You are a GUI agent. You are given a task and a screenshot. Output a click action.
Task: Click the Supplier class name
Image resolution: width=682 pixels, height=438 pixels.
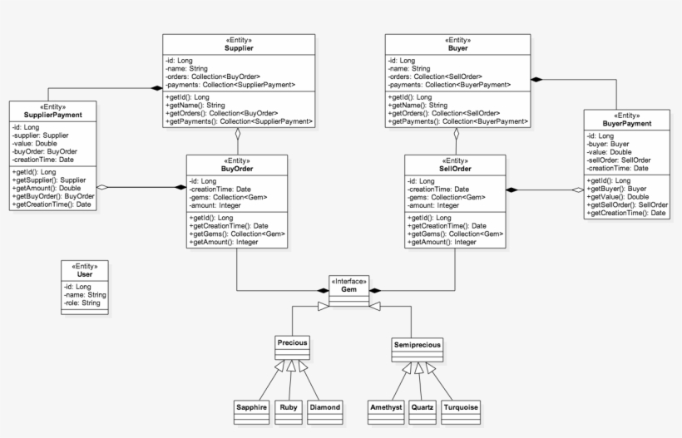tap(239, 48)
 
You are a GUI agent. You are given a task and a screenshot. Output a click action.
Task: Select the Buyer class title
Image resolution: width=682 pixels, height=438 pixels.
tap(458, 48)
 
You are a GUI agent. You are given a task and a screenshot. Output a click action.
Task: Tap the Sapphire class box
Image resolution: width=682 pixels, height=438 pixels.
tap(251, 412)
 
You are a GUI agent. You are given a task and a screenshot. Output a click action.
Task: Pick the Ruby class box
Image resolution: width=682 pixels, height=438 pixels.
tap(289, 412)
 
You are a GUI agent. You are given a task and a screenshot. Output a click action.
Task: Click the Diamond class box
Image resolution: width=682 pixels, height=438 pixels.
tap(325, 412)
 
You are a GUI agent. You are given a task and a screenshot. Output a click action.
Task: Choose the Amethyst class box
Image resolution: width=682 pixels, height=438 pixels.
tap(386, 412)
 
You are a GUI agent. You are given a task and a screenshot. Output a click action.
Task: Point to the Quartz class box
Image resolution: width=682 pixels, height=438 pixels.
tap(423, 412)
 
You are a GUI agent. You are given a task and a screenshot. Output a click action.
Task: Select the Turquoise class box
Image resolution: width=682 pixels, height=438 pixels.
tap(461, 412)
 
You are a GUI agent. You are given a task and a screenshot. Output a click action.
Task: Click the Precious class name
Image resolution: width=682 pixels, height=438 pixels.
tap(292, 343)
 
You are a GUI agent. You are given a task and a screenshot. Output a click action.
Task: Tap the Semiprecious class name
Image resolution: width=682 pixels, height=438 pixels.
tap(418, 345)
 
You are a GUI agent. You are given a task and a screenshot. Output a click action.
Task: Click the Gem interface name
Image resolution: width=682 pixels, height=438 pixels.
tap(348, 289)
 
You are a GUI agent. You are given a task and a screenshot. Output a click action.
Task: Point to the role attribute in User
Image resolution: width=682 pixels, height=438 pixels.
tap(82, 303)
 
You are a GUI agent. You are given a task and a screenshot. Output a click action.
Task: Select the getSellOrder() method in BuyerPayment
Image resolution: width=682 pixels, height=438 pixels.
tap(627, 204)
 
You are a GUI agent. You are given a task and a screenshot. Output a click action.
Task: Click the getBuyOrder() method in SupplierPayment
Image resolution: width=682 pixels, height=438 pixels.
tap(53, 196)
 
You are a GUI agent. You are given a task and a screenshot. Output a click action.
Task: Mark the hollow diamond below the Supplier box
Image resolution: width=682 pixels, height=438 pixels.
tap(238, 134)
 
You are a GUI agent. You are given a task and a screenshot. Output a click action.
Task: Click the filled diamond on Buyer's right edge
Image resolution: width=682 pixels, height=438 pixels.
tap(536, 80)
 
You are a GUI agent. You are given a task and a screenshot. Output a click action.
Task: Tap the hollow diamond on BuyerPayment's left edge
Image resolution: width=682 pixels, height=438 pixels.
tap(578, 189)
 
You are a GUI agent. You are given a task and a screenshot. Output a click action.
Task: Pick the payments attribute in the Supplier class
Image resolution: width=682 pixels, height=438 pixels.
tap(230, 85)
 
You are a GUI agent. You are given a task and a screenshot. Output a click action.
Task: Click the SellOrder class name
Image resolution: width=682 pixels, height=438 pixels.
tap(455, 169)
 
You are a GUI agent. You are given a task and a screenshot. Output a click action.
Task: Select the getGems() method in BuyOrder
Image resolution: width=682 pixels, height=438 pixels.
tap(237, 234)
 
